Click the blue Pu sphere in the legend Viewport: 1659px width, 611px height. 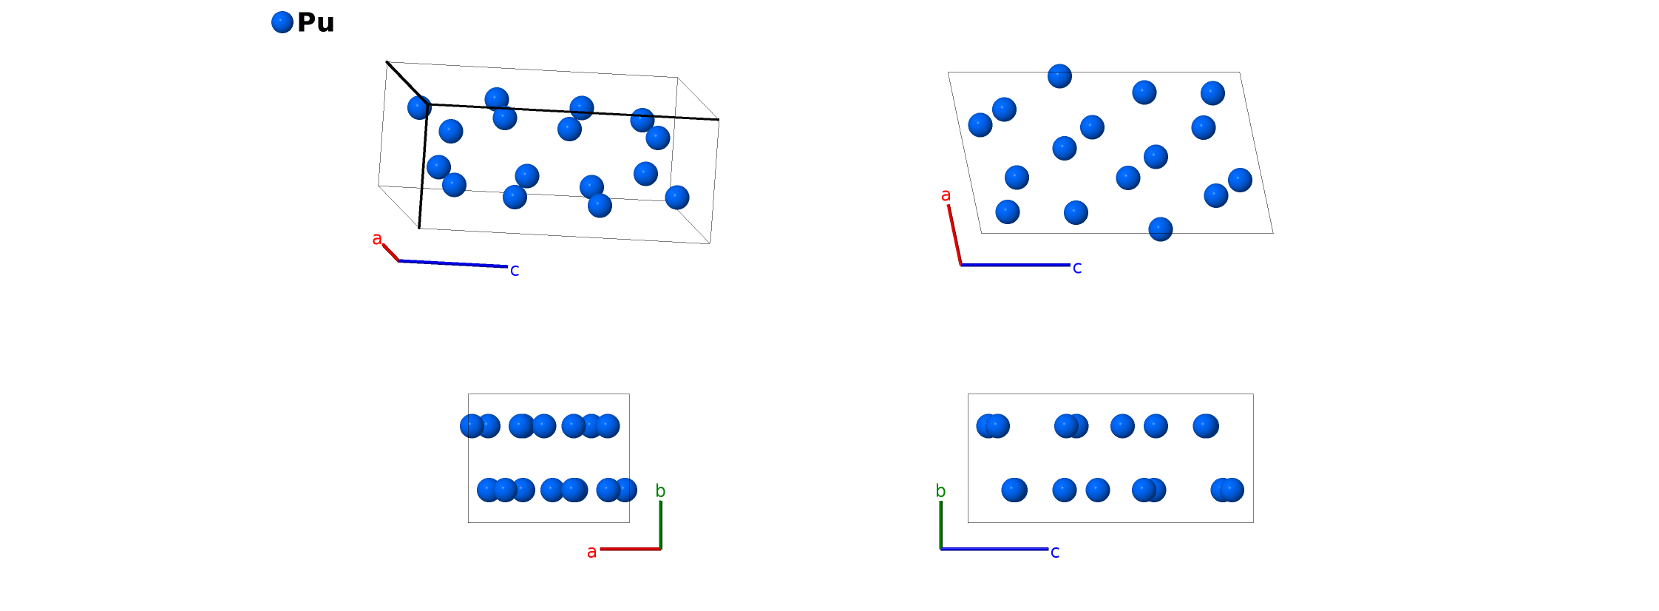282,22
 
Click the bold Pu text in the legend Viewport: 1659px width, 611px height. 316,23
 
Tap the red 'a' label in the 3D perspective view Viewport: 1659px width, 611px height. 377,239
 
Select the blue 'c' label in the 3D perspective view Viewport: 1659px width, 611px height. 515,271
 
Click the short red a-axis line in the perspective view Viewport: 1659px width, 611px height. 390,252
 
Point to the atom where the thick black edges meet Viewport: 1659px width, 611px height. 420,107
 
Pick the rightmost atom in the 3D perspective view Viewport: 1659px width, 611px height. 677,198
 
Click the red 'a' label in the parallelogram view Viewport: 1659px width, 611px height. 946,195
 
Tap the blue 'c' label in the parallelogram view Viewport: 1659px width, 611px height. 1077,268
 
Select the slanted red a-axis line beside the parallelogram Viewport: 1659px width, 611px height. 954,234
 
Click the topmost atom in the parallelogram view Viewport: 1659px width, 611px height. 1059,76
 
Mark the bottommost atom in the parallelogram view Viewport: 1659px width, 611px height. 1161,229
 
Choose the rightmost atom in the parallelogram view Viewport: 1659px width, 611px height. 1240,180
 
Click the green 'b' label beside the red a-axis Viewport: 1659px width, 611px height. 660,491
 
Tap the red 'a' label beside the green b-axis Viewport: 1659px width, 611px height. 591,552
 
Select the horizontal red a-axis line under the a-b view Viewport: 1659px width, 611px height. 630,549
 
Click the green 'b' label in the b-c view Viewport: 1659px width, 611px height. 940,491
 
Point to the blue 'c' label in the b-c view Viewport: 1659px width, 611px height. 1055,552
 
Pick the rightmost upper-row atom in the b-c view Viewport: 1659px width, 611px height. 1205,426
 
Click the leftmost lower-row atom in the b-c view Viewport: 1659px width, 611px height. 1014,490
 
